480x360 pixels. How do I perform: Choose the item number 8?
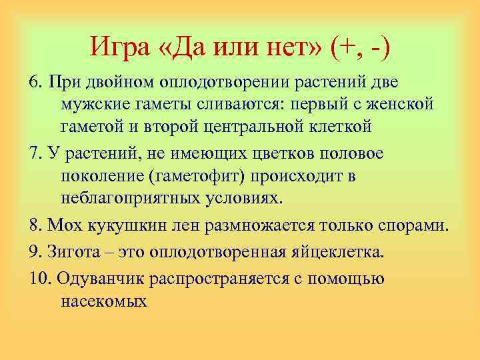(35, 226)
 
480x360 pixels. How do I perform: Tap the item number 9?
(35, 251)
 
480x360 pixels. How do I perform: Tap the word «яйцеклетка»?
(320, 251)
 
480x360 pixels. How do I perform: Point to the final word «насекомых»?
(103, 301)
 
